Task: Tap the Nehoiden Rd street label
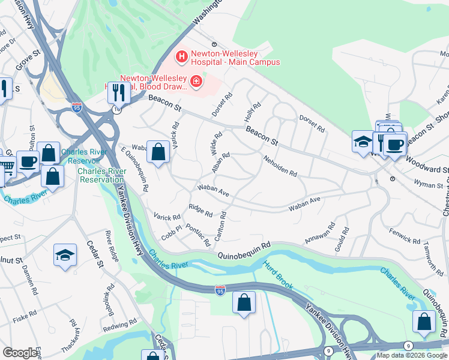coord(280,166)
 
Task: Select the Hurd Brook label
coord(278,273)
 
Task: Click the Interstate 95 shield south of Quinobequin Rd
coord(220,290)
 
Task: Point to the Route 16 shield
coord(116,110)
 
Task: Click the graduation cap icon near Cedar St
coord(65,256)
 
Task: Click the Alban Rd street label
coord(220,164)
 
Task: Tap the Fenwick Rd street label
coord(405,235)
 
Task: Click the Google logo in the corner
coord(20,353)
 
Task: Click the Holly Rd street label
coord(253,112)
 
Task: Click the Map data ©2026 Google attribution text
coord(411,355)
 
